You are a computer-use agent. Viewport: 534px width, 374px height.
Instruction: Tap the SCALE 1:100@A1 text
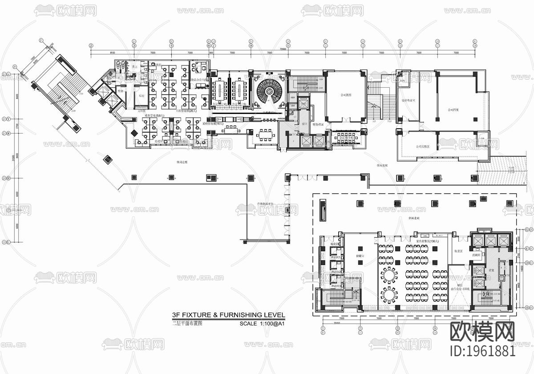262,324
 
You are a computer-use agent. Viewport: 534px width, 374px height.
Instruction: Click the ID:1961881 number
483,351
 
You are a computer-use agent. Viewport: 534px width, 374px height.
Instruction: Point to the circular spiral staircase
269,90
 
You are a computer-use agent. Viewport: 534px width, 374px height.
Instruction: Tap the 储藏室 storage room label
361,256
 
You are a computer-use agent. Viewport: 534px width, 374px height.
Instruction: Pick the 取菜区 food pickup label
459,251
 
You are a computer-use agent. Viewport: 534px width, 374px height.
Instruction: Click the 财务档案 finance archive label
318,125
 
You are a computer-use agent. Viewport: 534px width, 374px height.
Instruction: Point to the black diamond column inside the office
133,133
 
